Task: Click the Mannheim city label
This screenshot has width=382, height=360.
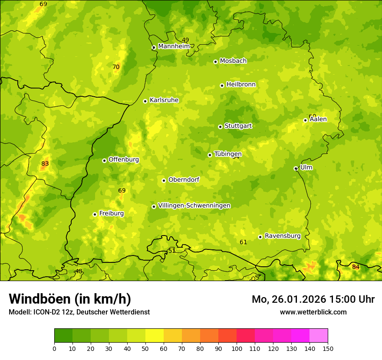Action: (174, 46)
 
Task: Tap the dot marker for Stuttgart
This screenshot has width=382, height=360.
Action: (220, 127)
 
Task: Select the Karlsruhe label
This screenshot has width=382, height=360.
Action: (164, 100)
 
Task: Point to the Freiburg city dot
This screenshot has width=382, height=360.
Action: (95, 214)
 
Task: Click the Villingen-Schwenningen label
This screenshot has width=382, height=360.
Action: (194, 206)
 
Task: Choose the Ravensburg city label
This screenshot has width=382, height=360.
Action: (283, 236)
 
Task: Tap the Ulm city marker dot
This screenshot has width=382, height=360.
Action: (296, 168)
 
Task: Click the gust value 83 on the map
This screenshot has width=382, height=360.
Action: (45, 164)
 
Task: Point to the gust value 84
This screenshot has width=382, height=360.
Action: (356, 267)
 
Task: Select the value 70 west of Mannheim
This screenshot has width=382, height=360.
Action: (116, 67)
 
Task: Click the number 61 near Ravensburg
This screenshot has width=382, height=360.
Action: (243, 242)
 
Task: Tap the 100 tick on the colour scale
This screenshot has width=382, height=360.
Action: (237, 348)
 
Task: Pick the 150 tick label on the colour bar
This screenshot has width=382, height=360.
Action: (327, 348)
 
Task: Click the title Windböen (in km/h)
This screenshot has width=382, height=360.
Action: (70, 299)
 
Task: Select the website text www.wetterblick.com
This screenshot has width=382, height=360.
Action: (313, 312)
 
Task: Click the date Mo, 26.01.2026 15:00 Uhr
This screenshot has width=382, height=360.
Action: (313, 299)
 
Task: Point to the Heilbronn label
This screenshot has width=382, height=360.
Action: (241, 85)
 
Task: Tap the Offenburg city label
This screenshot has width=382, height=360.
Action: (124, 160)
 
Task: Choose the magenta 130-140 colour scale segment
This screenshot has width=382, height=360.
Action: (300, 336)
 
